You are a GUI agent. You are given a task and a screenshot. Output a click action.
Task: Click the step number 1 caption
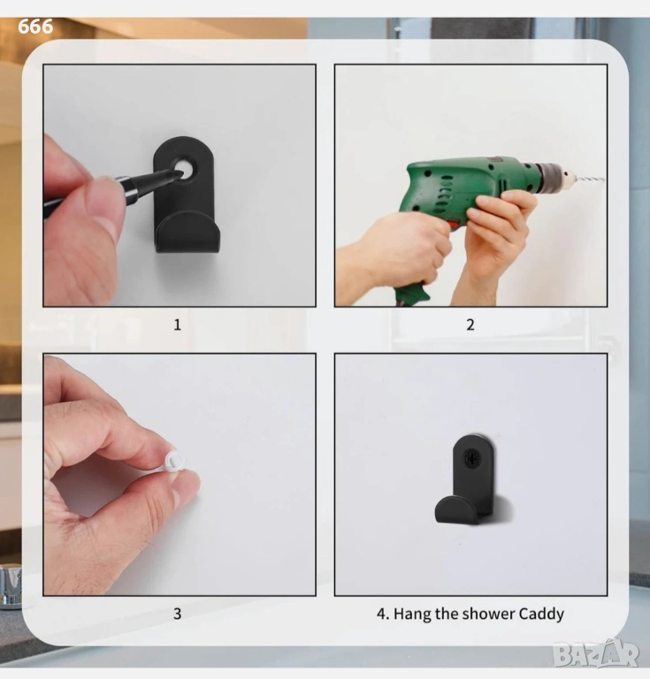pyautogui.click(x=177, y=324)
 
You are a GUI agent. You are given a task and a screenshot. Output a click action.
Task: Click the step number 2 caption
pyautogui.click(x=470, y=324)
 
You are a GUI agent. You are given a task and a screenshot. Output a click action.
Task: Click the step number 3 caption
pyautogui.click(x=177, y=614)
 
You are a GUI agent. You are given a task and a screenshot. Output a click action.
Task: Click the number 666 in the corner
pyautogui.click(x=35, y=27)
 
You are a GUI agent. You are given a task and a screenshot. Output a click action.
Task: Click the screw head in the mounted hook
pyautogui.click(x=472, y=457)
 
